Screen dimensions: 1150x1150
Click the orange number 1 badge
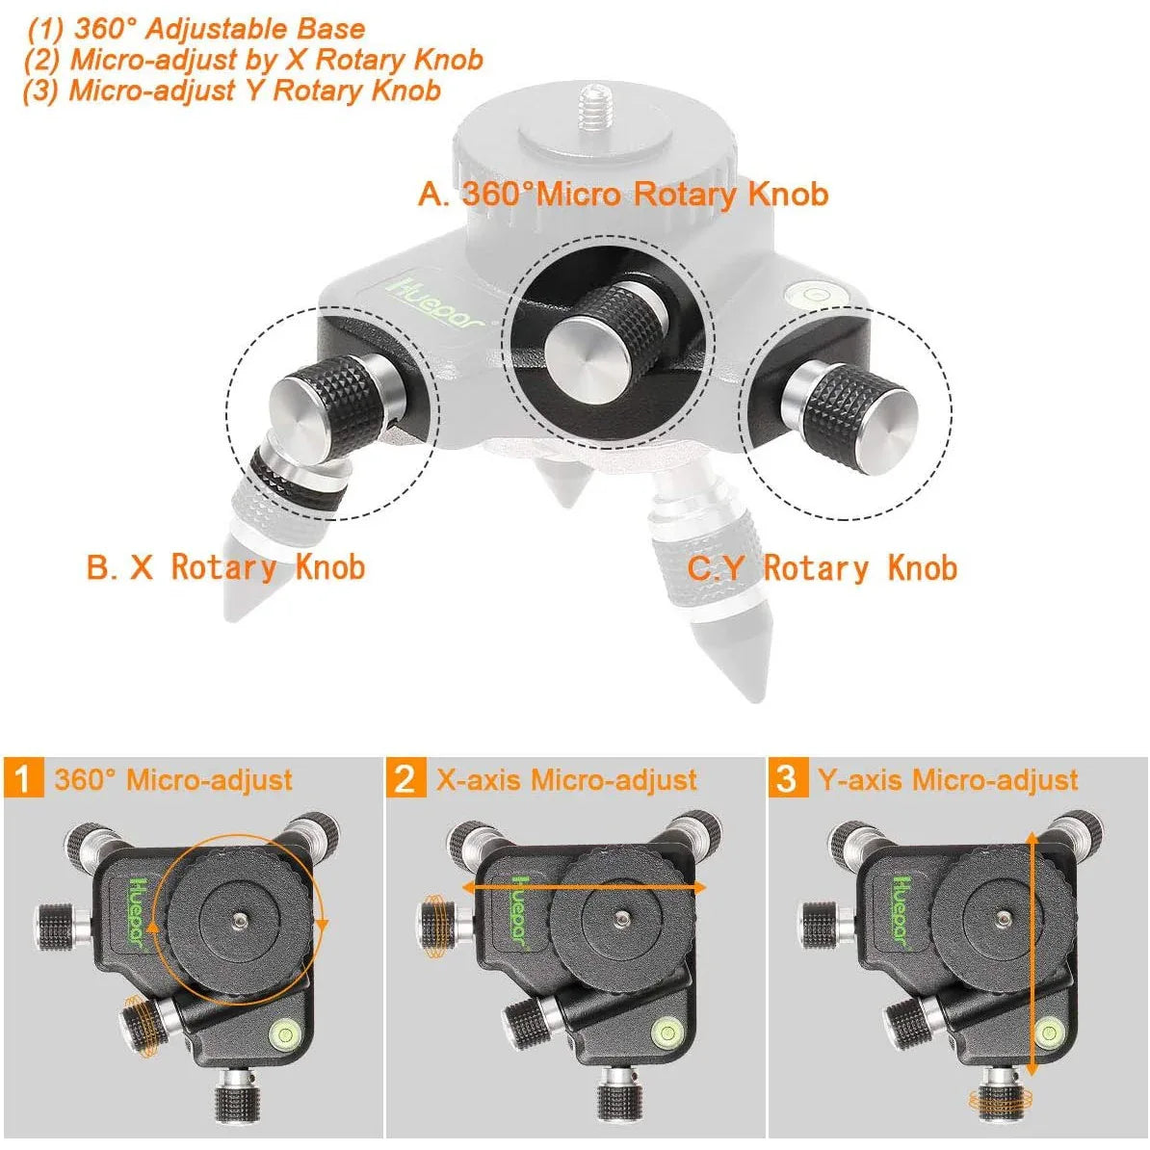pyautogui.click(x=24, y=778)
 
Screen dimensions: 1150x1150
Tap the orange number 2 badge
pyautogui.click(x=405, y=778)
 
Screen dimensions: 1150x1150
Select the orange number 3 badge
pyautogui.click(x=787, y=778)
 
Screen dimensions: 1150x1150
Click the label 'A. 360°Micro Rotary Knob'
pyautogui.click(x=623, y=194)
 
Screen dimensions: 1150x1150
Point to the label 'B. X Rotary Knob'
pyautogui.click(x=225, y=567)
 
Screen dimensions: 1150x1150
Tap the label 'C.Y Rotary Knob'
pyautogui.click(x=822, y=568)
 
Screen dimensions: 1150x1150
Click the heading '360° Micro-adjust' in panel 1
pyautogui.click(x=173, y=779)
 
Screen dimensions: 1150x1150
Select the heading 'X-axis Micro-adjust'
pyautogui.click(x=566, y=779)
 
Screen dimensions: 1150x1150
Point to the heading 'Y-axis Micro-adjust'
pyautogui.click(x=948, y=779)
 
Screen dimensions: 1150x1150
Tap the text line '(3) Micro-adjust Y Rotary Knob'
pyautogui.click(x=231, y=91)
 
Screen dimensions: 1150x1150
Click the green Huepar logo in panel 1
pyautogui.click(x=134, y=910)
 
